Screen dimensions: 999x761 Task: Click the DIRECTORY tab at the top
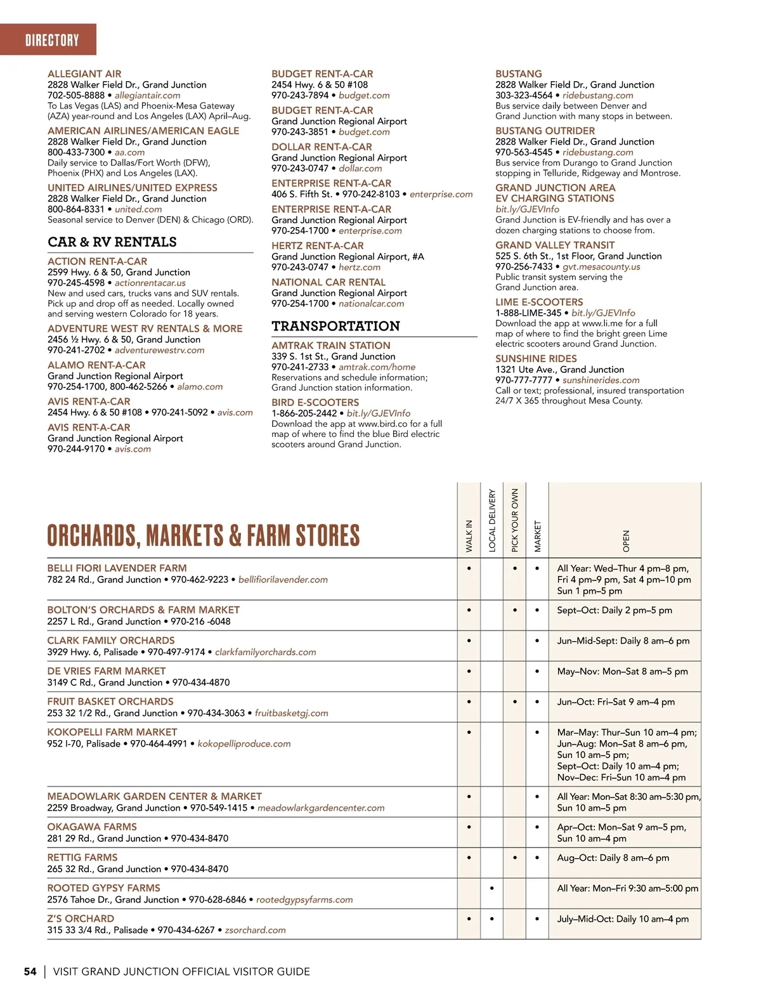pos(52,41)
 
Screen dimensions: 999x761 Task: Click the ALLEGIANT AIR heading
pos(84,74)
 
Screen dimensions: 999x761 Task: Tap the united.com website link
pos(138,209)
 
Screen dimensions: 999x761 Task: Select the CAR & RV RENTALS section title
pos(112,242)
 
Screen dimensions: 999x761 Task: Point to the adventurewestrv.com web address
pos(160,350)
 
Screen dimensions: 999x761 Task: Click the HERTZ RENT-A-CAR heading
pos(318,245)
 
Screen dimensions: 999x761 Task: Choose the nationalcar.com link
pos(371,304)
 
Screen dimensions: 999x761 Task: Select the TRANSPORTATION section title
pos(335,326)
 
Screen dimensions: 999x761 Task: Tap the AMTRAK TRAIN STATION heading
pos(331,345)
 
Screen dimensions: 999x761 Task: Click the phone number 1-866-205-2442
pos(304,413)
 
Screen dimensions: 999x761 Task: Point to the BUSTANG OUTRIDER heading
pos(545,131)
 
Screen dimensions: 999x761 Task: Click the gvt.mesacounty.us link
pos(601,267)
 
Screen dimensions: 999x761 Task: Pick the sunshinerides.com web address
pos(601,380)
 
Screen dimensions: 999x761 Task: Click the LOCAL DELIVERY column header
pos(492,519)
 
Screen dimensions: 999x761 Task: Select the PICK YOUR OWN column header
pos(515,519)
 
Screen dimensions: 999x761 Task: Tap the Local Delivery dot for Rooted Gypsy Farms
pos(492,888)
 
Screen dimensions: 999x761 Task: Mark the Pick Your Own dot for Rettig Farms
pos(515,858)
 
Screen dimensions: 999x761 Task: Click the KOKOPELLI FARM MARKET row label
pos(112,732)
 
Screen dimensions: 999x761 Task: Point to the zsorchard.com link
pos(255,930)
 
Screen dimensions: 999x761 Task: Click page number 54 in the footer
pos(30,971)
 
